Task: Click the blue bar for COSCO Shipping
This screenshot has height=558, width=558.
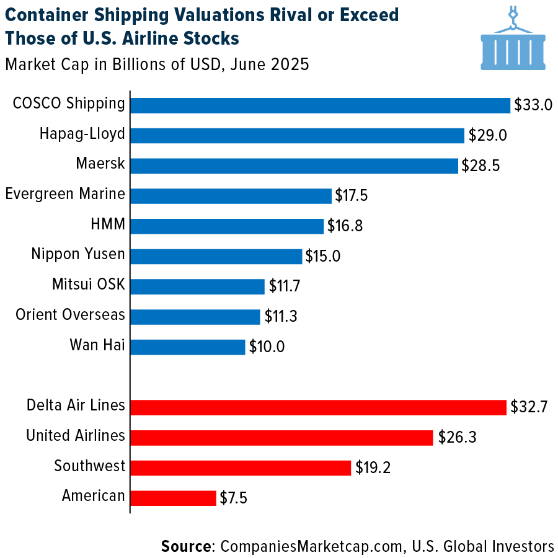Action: (320, 105)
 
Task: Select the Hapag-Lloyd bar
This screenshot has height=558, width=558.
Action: (298, 135)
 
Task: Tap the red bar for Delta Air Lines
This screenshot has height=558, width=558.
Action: (318, 407)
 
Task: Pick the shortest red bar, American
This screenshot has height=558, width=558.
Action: (174, 498)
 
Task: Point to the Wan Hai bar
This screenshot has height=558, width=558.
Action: (188, 347)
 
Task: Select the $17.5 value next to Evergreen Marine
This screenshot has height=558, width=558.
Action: (352, 196)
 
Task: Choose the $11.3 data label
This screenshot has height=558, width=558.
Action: (281, 317)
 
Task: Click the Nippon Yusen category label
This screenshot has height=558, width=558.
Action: (78, 254)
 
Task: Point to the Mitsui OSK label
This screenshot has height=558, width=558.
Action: (89, 285)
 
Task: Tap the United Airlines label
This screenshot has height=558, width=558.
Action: (76, 436)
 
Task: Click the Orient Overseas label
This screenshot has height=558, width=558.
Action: (70, 315)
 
